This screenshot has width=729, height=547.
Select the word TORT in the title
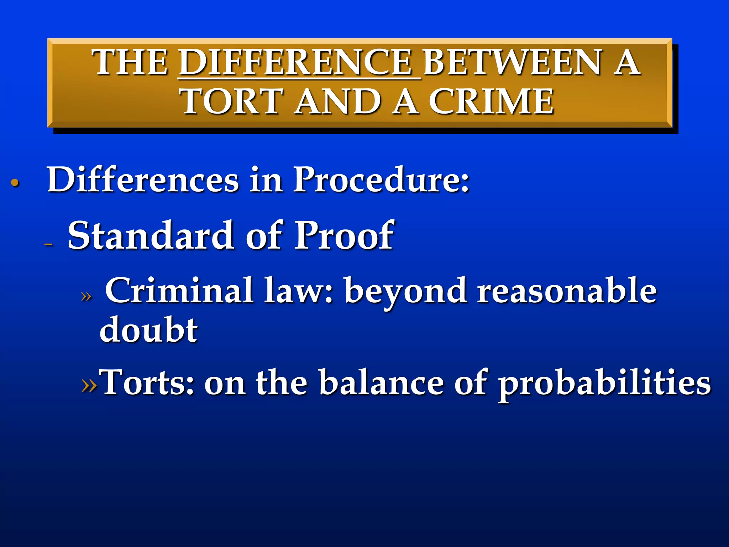pos(232,102)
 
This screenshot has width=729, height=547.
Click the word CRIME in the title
pos(491,102)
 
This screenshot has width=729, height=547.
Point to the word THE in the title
pos(130,63)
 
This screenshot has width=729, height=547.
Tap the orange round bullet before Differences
pos(15,183)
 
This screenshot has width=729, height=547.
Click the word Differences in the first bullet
pos(142,180)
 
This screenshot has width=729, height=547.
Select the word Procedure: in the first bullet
pos(381,180)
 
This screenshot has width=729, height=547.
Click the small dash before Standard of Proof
pos(49,244)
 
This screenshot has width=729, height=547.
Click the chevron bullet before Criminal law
pos(86,296)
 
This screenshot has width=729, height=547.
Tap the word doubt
pos(148,329)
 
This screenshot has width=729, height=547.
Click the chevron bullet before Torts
pos(89,384)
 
